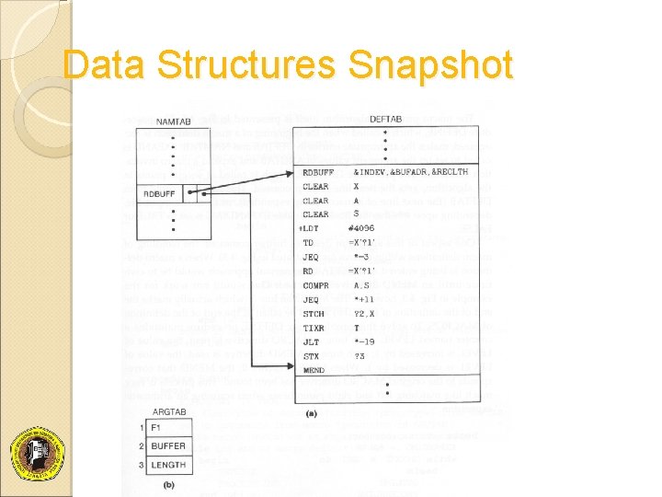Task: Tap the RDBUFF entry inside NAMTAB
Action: pos(158,194)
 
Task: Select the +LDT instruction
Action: pos(309,228)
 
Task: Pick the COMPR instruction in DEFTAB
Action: pos(315,286)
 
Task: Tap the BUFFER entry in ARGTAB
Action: pos(168,446)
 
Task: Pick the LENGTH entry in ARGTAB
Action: pos(168,465)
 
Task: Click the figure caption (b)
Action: pos(168,485)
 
